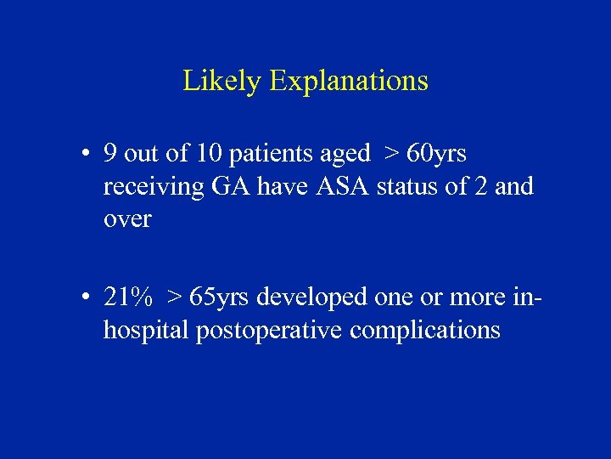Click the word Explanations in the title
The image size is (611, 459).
point(349,82)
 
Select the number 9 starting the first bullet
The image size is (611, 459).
point(109,154)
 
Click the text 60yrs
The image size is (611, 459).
point(437,154)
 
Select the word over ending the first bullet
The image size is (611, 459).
point(126,219)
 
